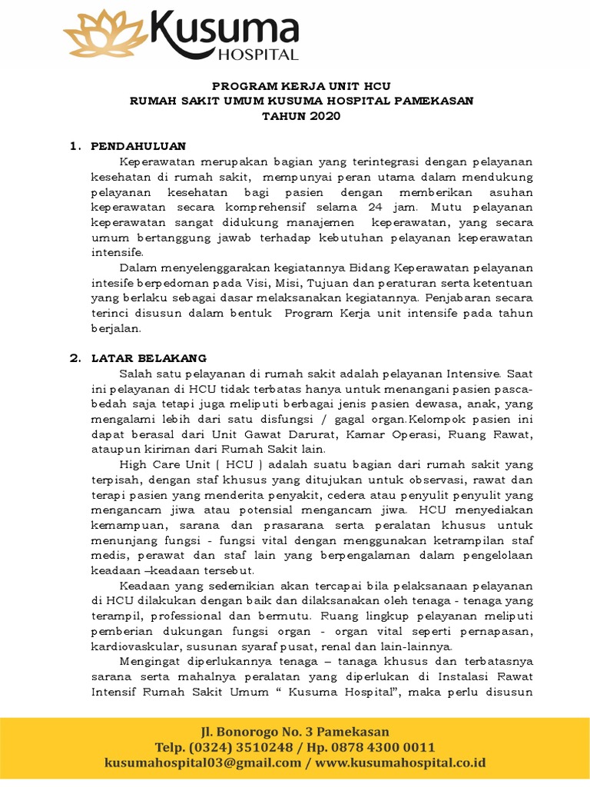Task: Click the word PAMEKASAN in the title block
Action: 436,101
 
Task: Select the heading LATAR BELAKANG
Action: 149,358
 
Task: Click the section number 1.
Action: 74,146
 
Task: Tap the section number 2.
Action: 74,358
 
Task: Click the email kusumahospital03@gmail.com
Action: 203,762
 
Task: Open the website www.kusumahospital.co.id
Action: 400,762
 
